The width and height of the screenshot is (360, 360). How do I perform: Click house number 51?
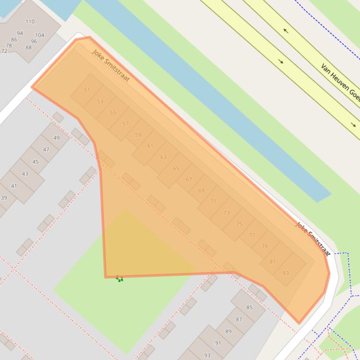pos(87,90)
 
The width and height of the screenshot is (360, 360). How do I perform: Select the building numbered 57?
pos(125,124)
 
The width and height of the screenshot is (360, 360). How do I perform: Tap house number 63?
pos(163,157)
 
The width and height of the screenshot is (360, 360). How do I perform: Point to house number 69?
pos(201,190)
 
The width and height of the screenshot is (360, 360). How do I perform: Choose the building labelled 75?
pos(239,224)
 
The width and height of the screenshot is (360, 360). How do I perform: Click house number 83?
pos(286,273)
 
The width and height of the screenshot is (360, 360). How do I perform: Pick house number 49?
pos(57,138)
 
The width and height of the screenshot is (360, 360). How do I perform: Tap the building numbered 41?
pos(14,186)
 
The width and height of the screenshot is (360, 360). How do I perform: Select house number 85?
pos(250,308)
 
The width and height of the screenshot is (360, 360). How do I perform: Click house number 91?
pos(218,343)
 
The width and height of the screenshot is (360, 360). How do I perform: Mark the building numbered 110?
pos(30,22)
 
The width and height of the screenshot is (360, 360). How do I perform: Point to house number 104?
pos(40,35)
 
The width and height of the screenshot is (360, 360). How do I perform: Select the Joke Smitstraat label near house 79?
pos(313,238)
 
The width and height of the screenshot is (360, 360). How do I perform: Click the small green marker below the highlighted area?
pos(119,279)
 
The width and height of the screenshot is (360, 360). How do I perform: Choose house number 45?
pos(36,162)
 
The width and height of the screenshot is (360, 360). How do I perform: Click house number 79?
pos(265,246)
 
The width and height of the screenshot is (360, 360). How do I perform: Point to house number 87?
pos(239,320)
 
